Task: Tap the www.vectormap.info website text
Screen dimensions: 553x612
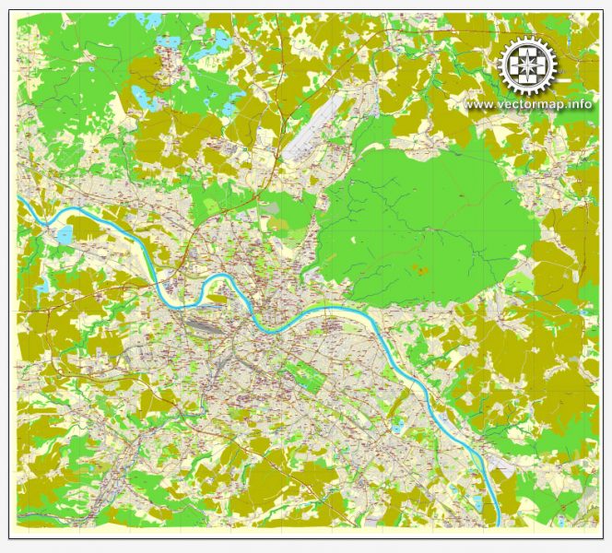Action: (x=528, y=104)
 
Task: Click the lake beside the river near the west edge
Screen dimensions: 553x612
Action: (x=64, y=237)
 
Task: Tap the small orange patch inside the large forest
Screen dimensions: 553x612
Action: (x=420, y=270)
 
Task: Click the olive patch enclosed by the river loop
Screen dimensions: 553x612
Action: (x=218, y=298)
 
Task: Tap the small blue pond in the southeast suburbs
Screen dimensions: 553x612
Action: (x=396, y=429)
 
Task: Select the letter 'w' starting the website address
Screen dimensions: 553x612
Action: (x=469, y=104)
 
